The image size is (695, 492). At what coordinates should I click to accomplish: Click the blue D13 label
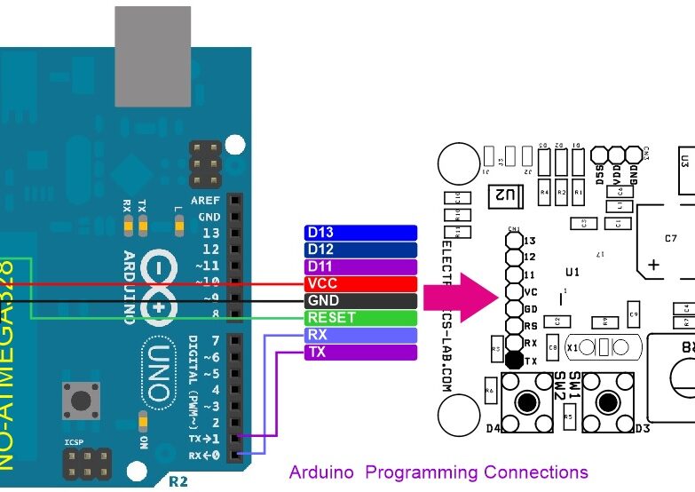pyautogui.click(x=359, y=233)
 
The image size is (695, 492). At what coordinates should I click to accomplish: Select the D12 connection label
pyautogui.click(x=359, y=250)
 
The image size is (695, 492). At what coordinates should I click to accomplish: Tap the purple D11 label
pyautogui.click(x=359, y=266)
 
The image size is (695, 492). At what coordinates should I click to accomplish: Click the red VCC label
pyautogui.click(x=359, y=283)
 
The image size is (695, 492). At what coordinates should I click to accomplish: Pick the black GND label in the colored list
pyautogui.click(x=359, y=301)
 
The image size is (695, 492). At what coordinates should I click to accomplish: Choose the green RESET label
pyautogui.click(x=359, y=318)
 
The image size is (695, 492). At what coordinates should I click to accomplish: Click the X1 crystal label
pyautogui.click(x=573, y=348)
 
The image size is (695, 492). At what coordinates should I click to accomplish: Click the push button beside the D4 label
pyautogui.click(x=527, y=402)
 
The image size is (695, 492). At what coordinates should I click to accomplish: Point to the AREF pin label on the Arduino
pyautogui.click(x=205, y=201)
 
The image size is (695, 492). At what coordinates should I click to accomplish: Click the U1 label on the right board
pyautogui.click(x=572, y=272)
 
